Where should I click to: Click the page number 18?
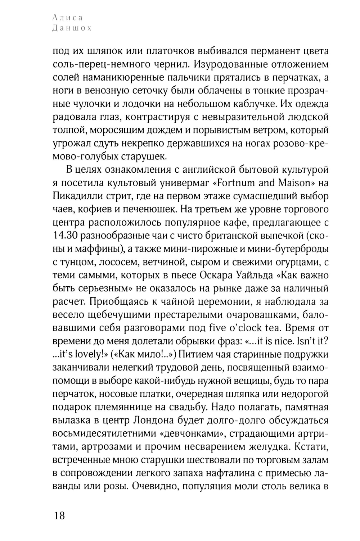point(59,515)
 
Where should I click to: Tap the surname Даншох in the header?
point(72,28)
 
